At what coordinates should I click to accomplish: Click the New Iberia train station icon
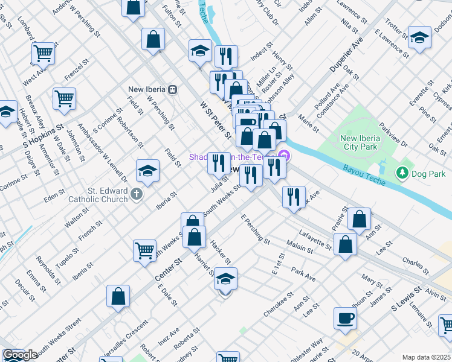pos(173,90)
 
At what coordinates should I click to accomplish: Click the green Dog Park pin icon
pos(402,174)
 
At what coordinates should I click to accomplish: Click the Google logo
pos(20,355)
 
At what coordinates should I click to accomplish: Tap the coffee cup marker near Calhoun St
pos(345,319)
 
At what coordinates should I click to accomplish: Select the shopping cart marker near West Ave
pos(44,54)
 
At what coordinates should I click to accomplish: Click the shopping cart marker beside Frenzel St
pos(64,98)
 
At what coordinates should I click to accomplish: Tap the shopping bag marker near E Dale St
pos(118,297)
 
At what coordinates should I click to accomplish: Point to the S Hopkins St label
pos(44,137)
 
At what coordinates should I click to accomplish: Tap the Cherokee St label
pos(279,305)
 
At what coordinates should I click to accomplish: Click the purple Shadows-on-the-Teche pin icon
pos(285,157)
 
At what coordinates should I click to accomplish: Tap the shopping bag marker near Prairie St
pos(360,221)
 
